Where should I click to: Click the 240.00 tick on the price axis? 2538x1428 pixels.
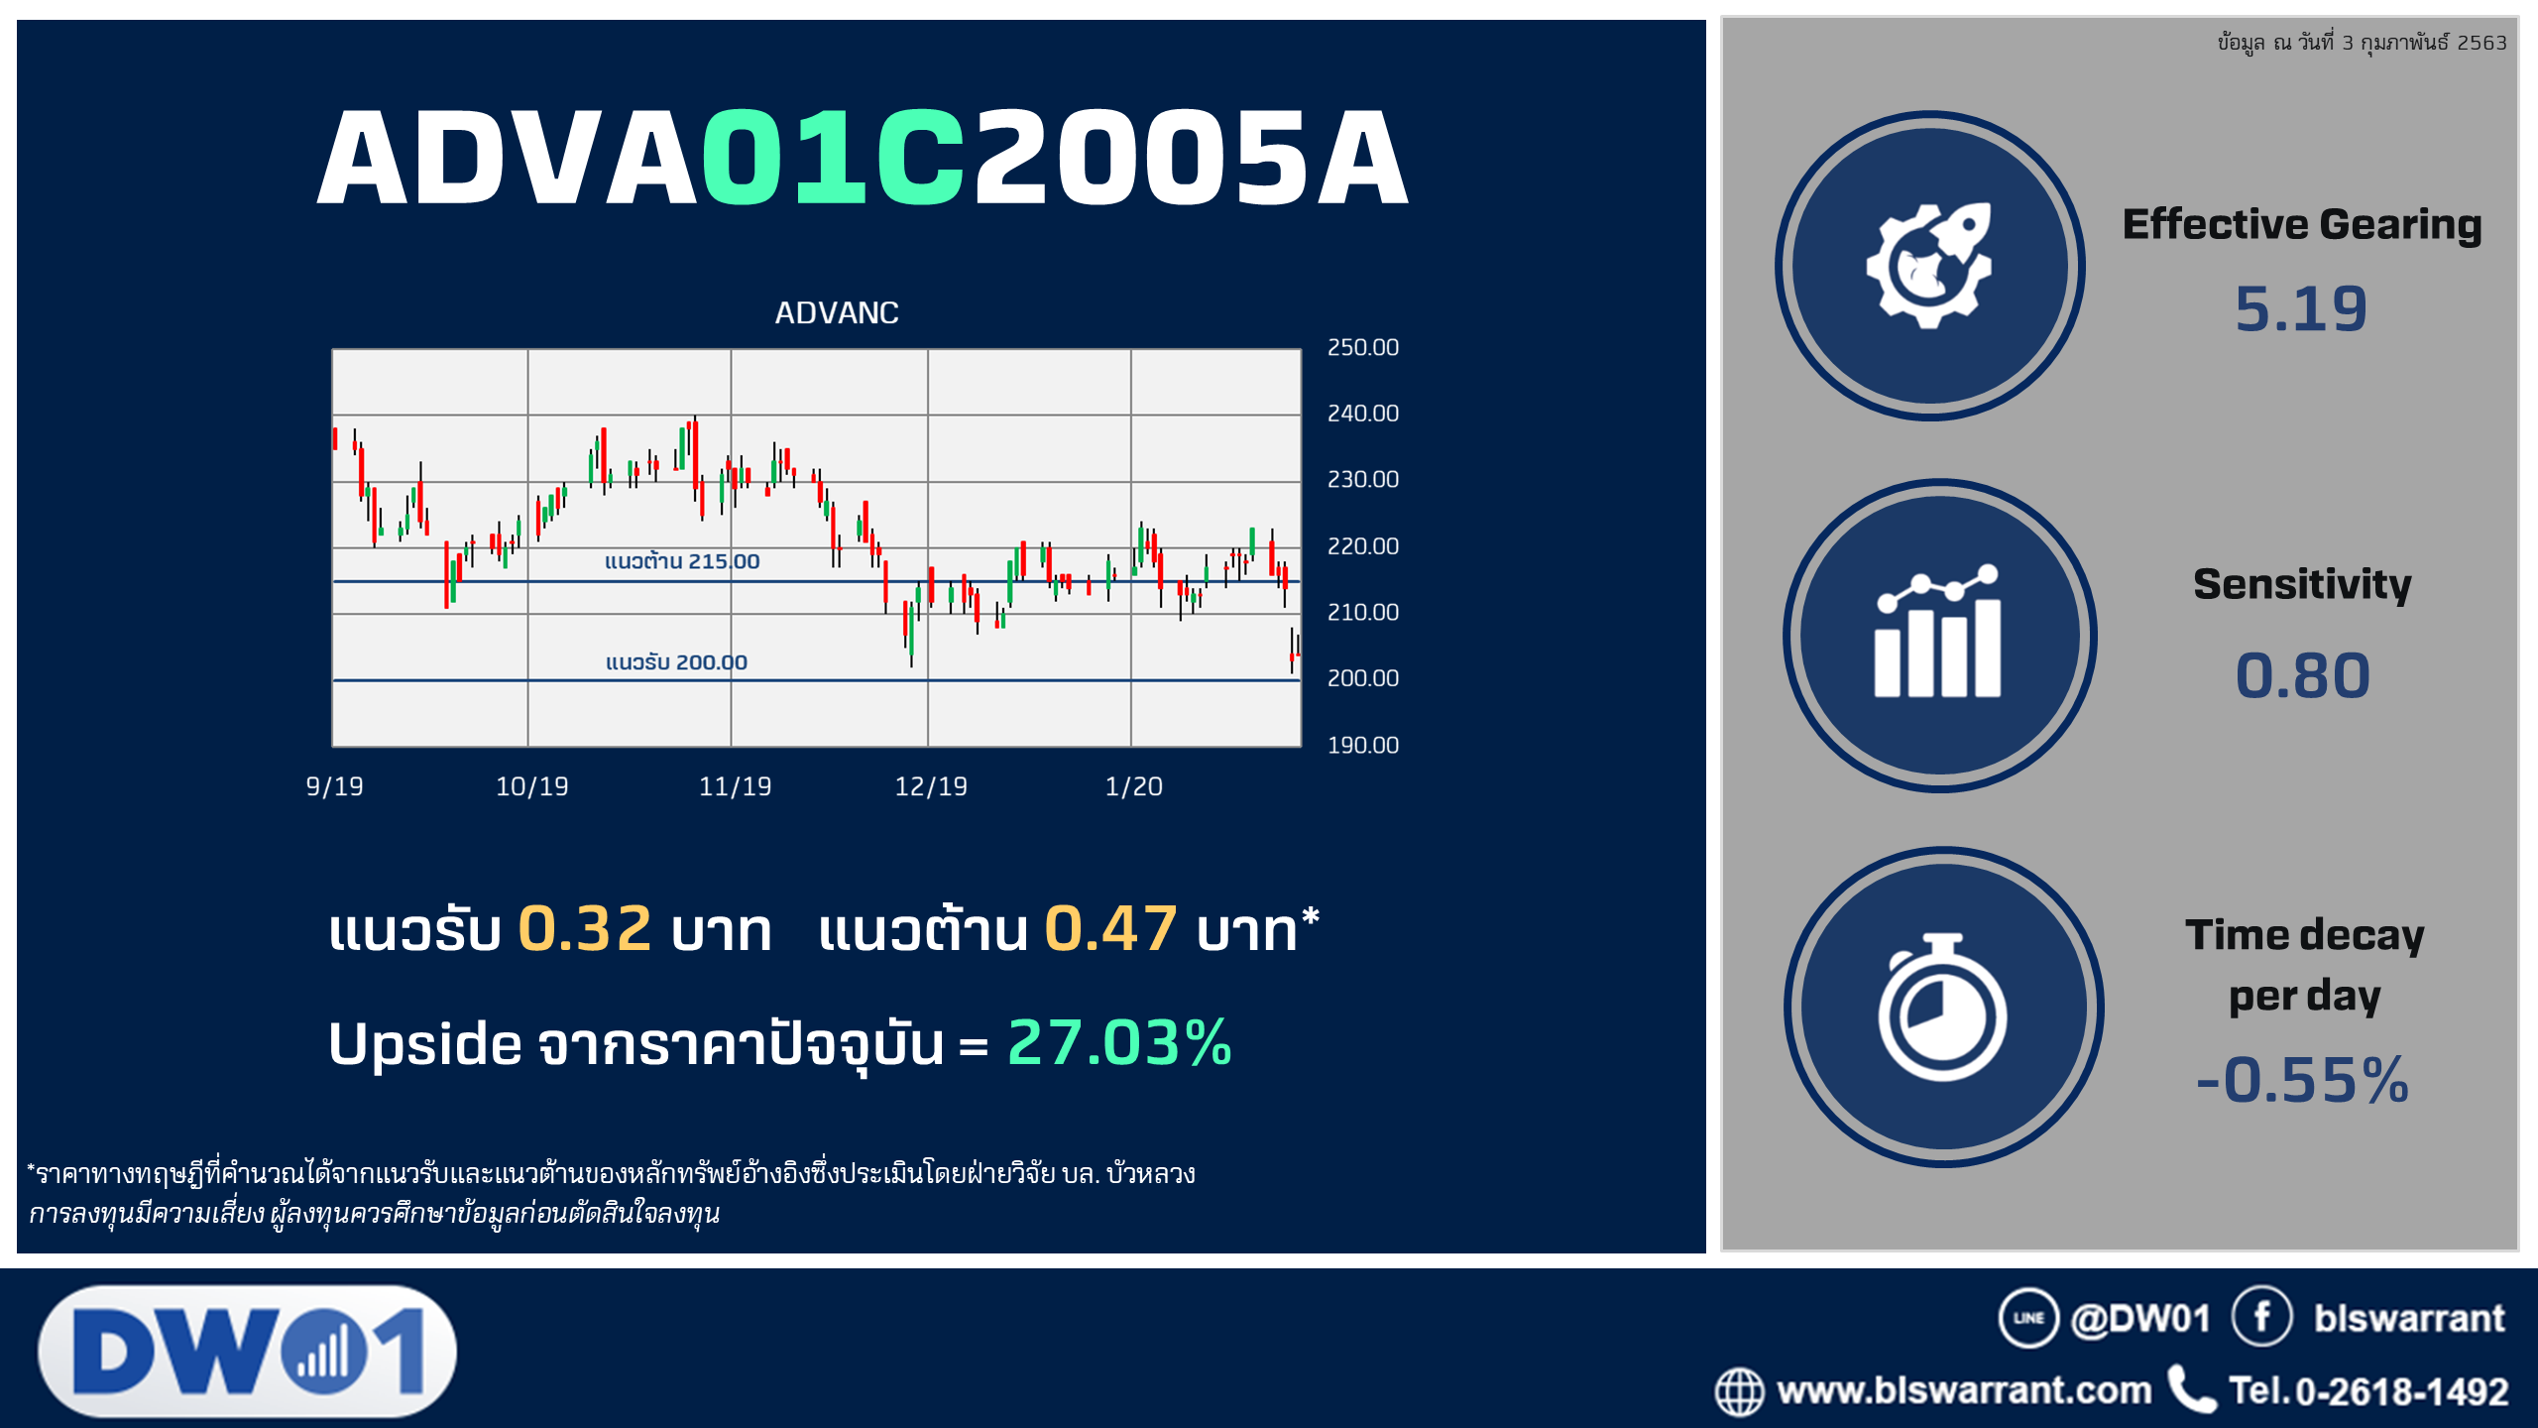1362,414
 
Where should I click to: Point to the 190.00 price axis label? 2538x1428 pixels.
1362,745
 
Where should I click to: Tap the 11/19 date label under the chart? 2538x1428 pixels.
735,786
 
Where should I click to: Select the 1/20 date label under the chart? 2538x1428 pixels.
1133,786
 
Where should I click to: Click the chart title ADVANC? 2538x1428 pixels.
837,313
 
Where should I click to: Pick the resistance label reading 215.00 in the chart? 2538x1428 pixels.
682,561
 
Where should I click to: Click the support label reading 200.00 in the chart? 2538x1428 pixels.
676,662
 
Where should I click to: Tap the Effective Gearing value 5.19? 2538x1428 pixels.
2300,308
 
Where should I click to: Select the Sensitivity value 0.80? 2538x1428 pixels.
2302,676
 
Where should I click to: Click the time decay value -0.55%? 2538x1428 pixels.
2302,1080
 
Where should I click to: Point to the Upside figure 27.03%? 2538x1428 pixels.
1119,1043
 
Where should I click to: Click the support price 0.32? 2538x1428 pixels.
585,929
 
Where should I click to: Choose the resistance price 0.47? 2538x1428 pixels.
1111,929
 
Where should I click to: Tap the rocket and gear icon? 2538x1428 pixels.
1929,266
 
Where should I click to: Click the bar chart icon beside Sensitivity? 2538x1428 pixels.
1938,632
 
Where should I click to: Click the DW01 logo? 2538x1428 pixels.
248,1351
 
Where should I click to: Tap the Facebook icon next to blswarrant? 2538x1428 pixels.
2261,1317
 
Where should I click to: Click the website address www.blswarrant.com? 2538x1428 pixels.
1964,1390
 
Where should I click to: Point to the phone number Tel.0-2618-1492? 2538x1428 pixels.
2368,1391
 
